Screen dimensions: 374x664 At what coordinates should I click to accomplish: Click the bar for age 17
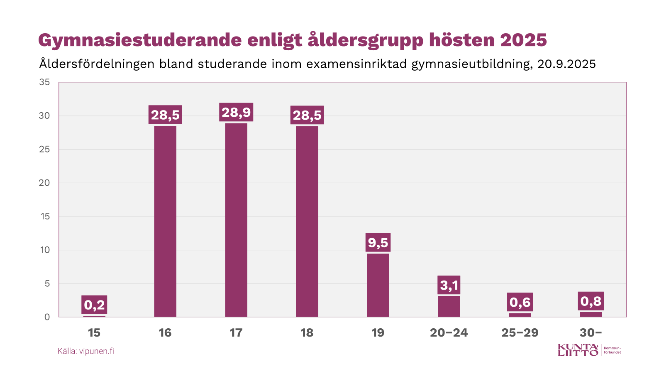click(236, 220)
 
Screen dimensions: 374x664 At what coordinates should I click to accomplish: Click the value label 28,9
click(236, 112)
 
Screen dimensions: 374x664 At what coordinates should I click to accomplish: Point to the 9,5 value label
click(378, 242)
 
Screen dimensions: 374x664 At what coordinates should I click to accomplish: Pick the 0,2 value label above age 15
click(94, 305)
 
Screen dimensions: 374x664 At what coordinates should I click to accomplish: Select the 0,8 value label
click(591, 301)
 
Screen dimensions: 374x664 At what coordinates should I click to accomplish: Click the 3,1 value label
click(449, 285)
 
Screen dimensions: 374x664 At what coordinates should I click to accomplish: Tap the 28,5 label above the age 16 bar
click(165, 115)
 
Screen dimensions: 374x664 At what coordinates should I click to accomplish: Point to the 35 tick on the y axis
click(44, 82)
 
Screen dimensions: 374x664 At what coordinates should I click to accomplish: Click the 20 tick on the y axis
click(44, 183)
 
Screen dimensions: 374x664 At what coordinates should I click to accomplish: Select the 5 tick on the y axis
click(47, 283)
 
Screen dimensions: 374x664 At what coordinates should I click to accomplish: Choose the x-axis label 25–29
click(520, 333)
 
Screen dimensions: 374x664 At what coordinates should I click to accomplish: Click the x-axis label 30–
click(591, 333)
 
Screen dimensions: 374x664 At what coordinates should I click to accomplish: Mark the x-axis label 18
click(307, 333)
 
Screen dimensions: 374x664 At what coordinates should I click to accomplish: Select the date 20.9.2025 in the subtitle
click(566, 64)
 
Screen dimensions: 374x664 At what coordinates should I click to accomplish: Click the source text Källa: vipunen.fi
click(86, 351)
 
